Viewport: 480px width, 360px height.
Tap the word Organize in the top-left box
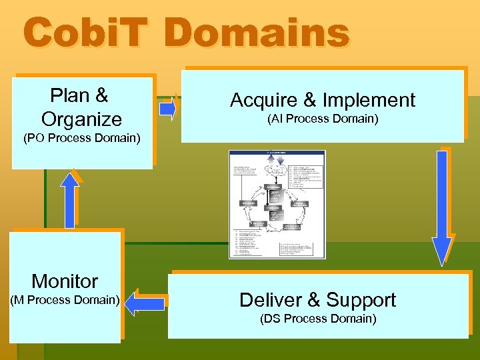click(81, 119)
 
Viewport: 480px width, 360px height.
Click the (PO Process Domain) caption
click(81, 139)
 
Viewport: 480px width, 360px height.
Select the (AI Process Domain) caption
click(323, 119)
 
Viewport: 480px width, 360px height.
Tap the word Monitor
click(65, 281)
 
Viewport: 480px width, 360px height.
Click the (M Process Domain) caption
click(65, 300)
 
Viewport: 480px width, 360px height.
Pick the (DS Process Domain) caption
click(318, 319)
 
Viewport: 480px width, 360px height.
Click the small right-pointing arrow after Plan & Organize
click(169, 107)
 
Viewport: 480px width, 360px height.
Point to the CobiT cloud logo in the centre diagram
click(276, 169)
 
